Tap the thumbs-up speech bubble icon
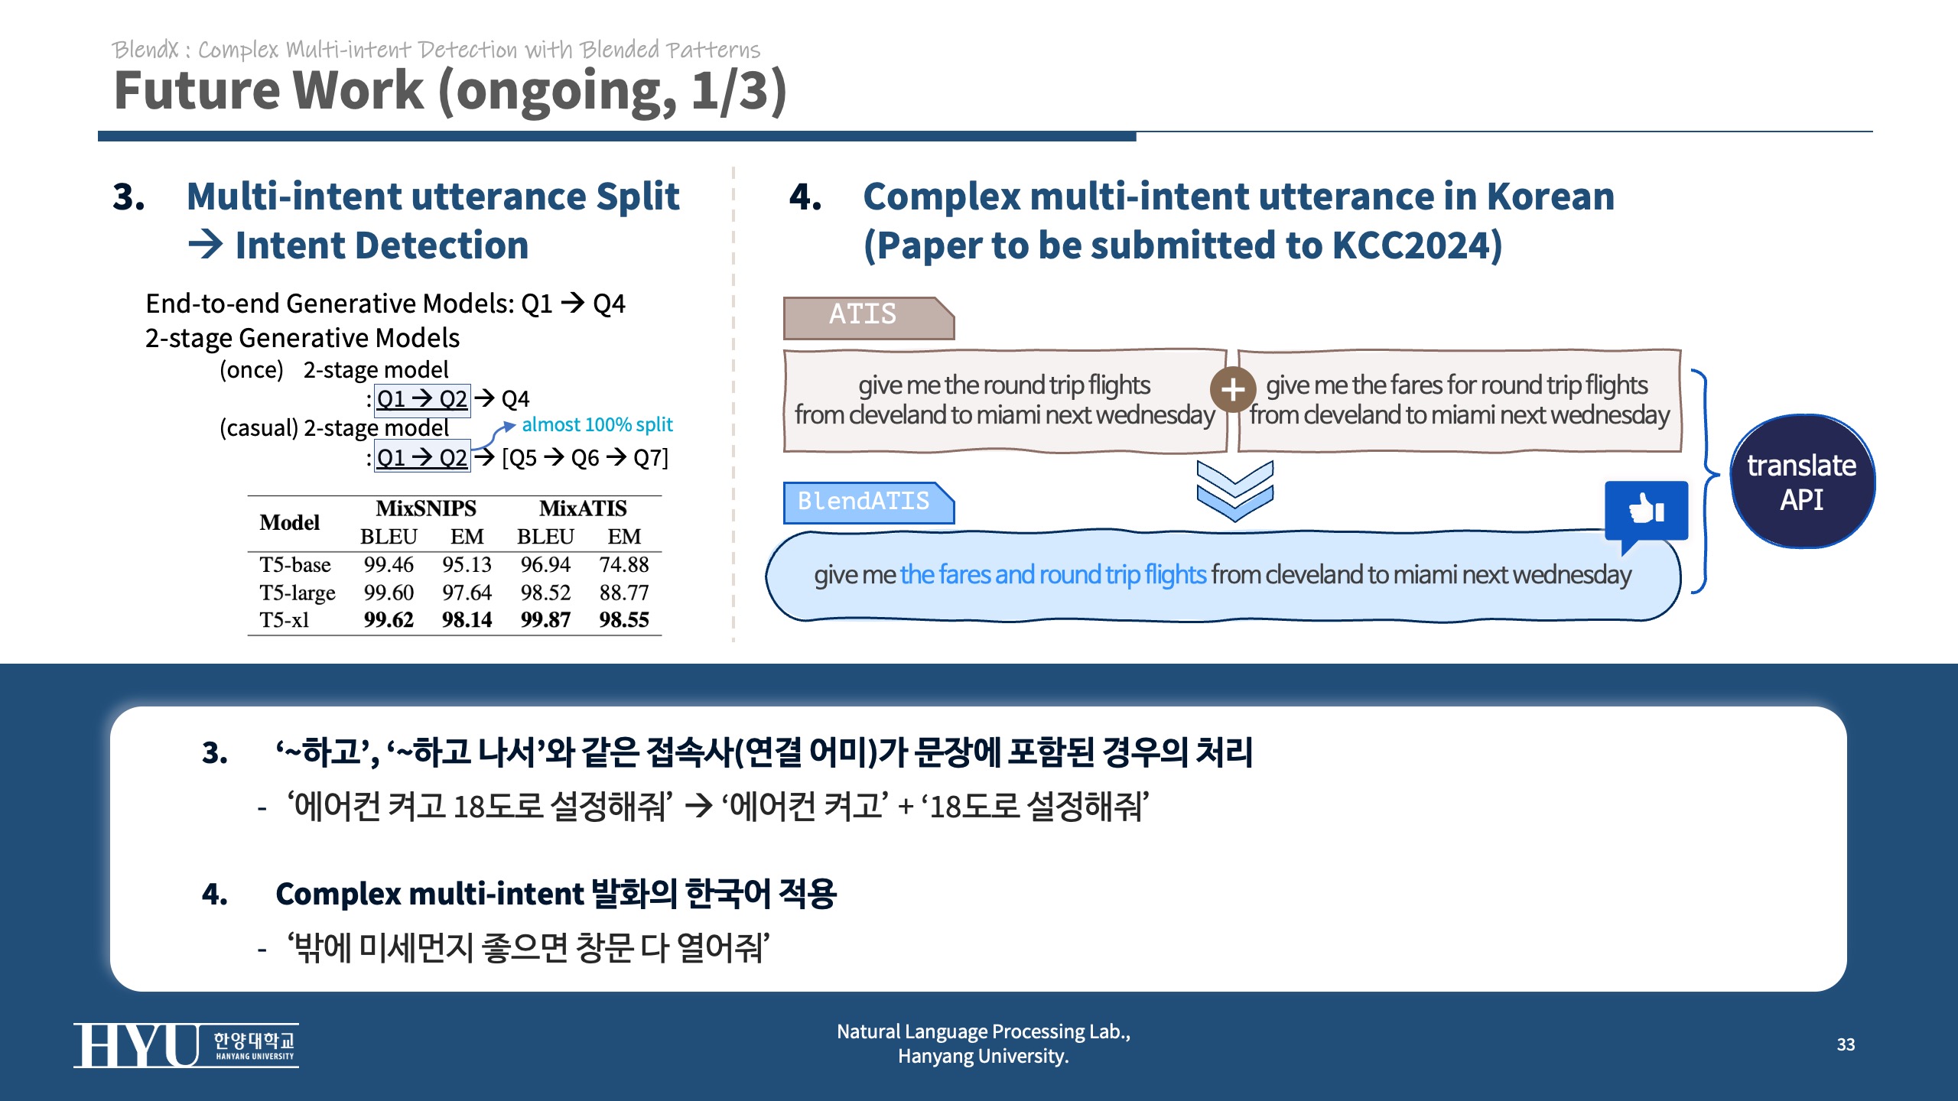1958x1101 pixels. [1646, 511]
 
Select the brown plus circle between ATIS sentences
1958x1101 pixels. [1232, 389]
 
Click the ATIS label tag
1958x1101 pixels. [864, 316]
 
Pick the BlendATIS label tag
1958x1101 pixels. [864, 502]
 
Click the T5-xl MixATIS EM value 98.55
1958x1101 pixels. [623, 619]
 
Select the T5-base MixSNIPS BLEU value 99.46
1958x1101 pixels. [389, 564]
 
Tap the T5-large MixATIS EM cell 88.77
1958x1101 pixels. [623, 593]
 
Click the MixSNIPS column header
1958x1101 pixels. [426, 508]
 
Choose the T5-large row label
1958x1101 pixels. [297, 593]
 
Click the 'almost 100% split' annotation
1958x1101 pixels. [597, 424]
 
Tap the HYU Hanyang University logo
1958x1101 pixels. [186, 1045]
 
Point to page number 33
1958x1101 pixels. [1846, 1044]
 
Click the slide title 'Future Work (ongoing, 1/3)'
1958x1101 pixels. [450, 90]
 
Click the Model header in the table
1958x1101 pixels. [289, 522]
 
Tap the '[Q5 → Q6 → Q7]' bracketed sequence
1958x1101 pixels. [585, 458]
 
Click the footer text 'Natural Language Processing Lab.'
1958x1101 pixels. [983, 1031]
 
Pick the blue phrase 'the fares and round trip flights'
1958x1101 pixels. [1052, 574]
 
